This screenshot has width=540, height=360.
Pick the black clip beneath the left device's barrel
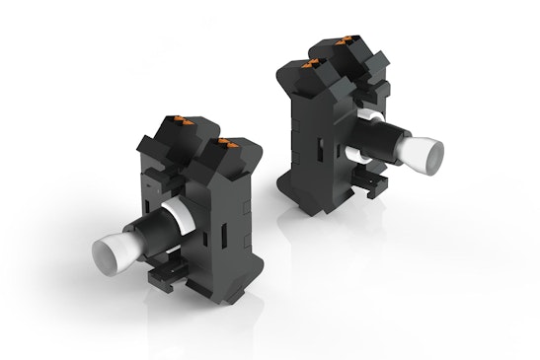(x=164, y=279)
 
